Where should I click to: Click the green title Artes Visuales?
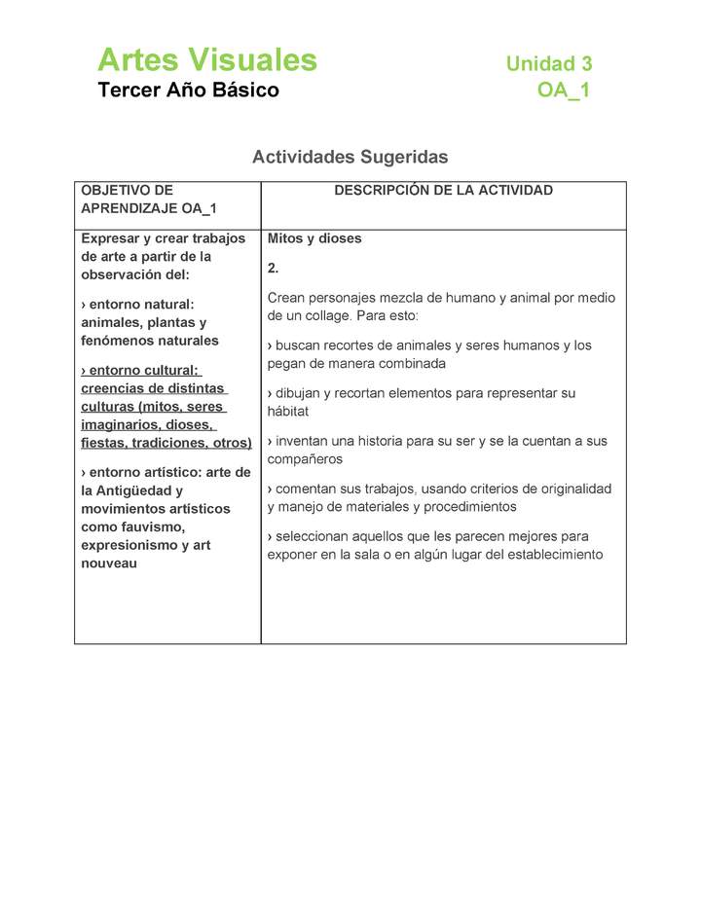[207, 60]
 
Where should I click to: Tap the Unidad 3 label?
[548, 64]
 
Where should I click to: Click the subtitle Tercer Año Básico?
[188, 91]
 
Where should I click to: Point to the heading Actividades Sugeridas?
[350, 157]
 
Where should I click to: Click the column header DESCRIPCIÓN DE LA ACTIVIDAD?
[443, 191]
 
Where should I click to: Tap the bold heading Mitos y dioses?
[314, 238]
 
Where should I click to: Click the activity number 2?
[273, 268]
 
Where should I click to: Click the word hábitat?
[288, 412]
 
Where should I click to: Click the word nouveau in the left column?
[109, 563]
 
